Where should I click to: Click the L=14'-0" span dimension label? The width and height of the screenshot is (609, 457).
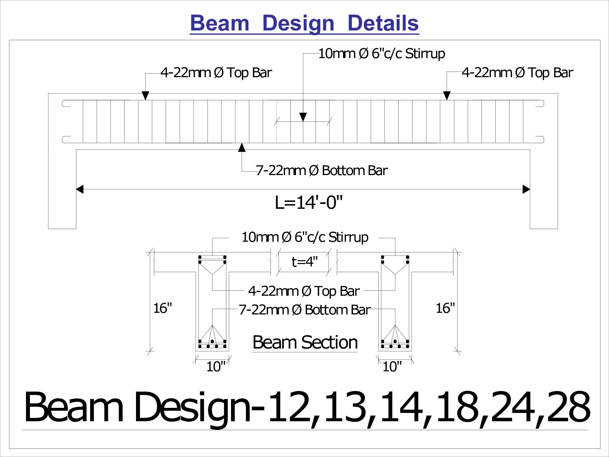309,202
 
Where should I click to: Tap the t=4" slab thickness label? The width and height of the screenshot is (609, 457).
304,262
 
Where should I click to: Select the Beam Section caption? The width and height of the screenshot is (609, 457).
305,342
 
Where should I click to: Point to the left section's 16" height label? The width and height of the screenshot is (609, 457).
162,308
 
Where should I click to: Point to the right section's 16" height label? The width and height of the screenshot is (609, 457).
445,308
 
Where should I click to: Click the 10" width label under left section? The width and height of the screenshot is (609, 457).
216,366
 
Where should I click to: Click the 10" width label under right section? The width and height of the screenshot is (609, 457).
392,366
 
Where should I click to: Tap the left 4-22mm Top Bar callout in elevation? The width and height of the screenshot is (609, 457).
216,73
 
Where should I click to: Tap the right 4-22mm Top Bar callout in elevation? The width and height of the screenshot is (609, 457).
517,73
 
